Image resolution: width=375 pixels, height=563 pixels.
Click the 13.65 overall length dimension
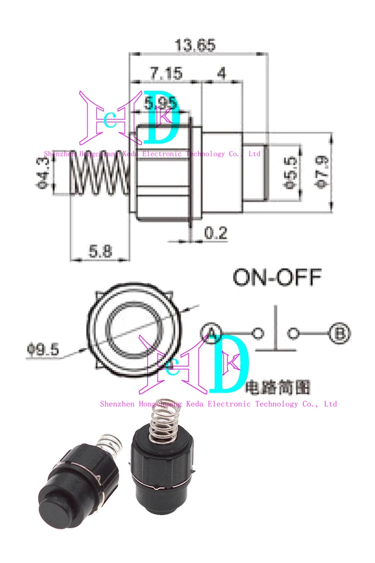point(195,46)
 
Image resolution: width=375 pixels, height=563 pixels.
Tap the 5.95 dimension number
point(161,102)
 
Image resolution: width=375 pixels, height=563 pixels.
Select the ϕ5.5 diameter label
point(291,172)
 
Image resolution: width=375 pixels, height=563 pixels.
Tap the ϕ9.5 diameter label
point(43,350)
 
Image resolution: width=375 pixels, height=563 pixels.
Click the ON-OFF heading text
point(277,277)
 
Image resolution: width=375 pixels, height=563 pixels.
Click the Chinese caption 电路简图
point(277,388)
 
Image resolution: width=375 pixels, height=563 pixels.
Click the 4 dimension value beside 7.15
point(222,74)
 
